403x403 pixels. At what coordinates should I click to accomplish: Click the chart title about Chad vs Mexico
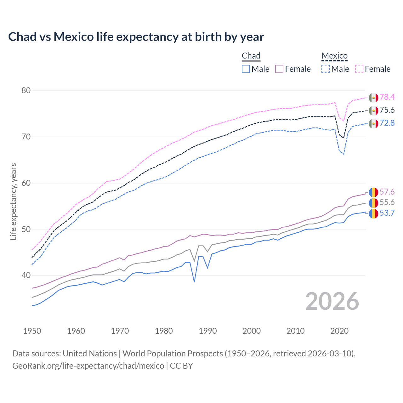point(136,37)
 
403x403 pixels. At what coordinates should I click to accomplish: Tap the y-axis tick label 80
point(26,91)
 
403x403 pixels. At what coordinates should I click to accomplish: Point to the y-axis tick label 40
point(26,275)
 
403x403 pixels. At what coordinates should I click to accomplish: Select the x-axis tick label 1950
point(32,331)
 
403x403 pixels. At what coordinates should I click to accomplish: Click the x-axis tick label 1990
point(208,331)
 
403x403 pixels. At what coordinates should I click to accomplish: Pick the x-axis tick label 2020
point(339,331)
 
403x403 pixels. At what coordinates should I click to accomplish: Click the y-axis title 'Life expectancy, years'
point(13,201)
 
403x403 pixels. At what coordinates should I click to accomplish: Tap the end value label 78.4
point(387,97)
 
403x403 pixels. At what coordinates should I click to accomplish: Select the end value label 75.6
point(387,110)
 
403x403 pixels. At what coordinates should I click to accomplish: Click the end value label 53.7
point(387,213)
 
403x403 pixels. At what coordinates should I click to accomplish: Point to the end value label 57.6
point(387,192)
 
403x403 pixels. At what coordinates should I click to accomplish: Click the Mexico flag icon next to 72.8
point(373,123)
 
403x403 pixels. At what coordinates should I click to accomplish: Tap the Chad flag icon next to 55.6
point(373,203)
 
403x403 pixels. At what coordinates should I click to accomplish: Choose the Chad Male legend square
point(246,69)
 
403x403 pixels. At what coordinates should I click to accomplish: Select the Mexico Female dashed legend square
point(359,69)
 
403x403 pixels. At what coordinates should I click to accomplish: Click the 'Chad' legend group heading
point(251,56)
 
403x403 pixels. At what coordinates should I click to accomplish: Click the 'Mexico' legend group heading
point(334,56)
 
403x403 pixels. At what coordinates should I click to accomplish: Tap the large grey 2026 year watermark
point(332,301)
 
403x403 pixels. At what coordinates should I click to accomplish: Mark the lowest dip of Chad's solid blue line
point(194,282)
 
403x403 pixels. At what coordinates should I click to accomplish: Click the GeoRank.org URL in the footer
point(88,366)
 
